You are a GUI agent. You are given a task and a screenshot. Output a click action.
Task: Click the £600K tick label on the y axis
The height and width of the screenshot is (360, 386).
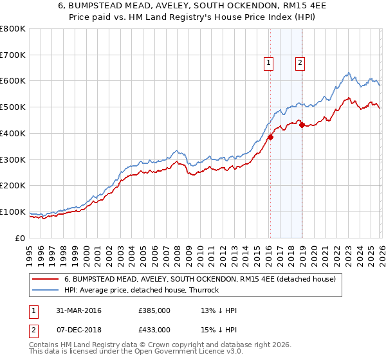(13, 81)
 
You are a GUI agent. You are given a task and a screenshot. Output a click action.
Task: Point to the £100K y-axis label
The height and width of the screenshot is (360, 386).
(13, 212)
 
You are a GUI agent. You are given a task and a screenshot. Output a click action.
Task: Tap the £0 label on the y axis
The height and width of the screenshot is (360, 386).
(20, 238)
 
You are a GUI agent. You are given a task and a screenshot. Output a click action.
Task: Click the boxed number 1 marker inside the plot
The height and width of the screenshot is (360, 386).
(268, 62)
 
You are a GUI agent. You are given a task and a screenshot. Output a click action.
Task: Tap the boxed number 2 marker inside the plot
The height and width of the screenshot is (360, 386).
(300, 62)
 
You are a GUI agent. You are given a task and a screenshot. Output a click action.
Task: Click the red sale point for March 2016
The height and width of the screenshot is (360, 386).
(270, 137)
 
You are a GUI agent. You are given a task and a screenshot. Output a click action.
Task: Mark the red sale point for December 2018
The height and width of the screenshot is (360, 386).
(301, 125)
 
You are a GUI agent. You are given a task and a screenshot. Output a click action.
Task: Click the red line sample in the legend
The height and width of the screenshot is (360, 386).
(46, 279)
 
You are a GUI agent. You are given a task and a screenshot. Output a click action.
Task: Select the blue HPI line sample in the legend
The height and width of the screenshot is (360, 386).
(46, 290)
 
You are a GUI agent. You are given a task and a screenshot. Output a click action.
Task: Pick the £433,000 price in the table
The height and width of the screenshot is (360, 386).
(154, 329)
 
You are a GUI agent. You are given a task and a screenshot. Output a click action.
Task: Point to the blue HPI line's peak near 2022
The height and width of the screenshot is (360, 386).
(347, 73)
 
